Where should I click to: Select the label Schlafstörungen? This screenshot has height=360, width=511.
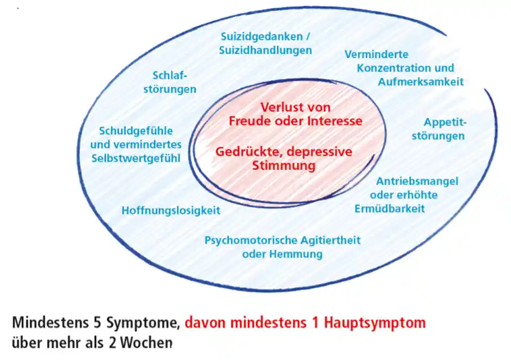170,83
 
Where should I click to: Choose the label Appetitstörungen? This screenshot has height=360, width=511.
438,129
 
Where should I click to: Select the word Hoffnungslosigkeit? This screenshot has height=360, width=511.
170,210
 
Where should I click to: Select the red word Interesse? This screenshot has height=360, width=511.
334,121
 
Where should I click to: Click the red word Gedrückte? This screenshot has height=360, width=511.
243,152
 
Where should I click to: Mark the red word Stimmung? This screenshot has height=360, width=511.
284,165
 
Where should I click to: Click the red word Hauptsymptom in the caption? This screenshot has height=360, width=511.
375,323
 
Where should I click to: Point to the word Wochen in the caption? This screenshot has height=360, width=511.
144,343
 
